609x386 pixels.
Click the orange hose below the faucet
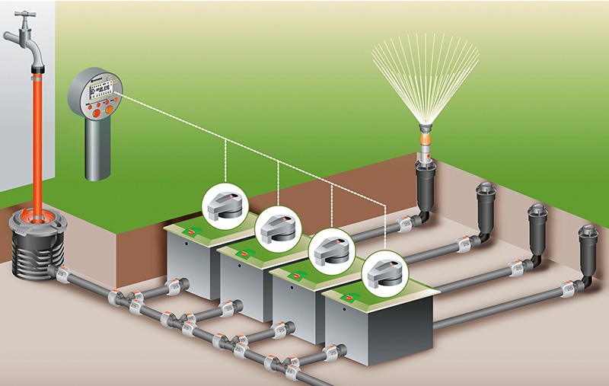37,137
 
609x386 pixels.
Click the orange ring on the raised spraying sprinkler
423,141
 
